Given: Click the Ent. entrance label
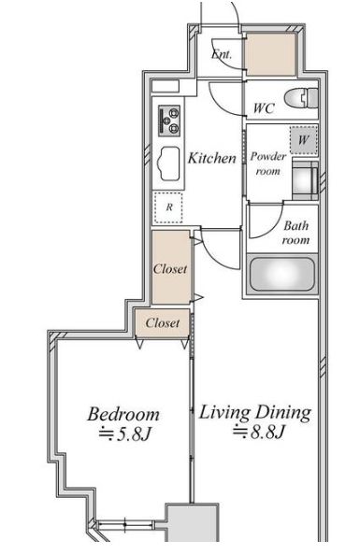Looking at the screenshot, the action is [222, 54].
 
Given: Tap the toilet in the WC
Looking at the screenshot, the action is [301, 98].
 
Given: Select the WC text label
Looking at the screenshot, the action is [264, 108].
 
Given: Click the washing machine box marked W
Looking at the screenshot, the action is [303, 140].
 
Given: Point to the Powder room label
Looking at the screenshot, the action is [268, 164].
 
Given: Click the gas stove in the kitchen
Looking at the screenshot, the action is [169, 121].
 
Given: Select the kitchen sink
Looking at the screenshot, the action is [168, 164].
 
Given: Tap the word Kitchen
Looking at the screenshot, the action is [212, 158].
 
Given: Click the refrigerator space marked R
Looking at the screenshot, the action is [168, 207].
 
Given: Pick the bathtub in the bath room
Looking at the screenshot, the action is [282, 274].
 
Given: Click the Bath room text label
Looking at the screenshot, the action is [295, 233].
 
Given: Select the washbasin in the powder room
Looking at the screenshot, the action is [305, 180].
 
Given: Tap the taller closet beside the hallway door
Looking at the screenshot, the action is [171, 267].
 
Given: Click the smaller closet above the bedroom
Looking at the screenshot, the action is [163, 322].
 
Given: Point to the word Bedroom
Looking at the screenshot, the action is [123, 414].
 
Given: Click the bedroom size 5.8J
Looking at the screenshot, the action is [125, 434].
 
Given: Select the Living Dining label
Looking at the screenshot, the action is [254, 413].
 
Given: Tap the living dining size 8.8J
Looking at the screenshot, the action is [259, 432].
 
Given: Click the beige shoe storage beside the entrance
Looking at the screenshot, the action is [271, 54].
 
